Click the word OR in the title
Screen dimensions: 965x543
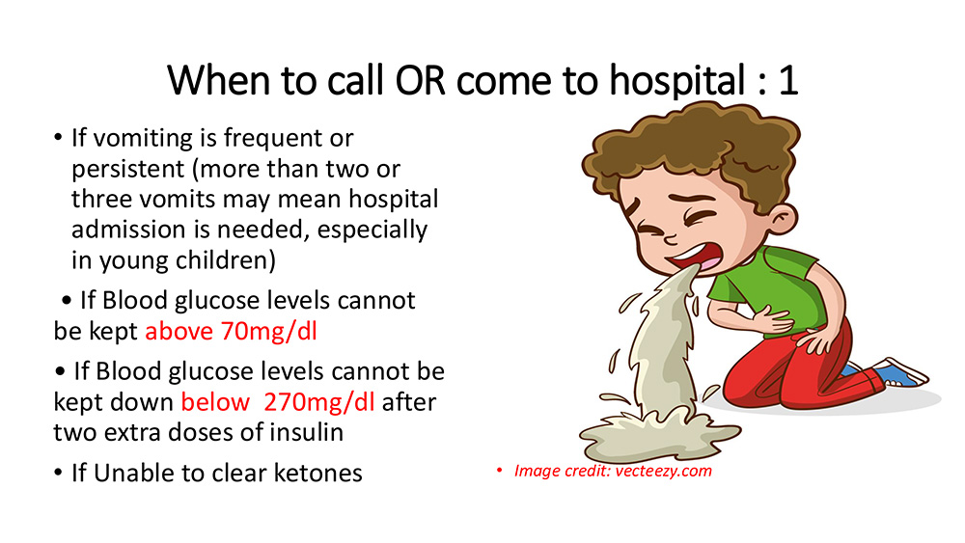(x=421, y=81)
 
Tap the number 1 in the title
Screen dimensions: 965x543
(x=788, y=81)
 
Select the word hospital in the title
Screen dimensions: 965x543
(x=677, y=82)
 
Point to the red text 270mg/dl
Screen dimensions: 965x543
(x=318, y=402)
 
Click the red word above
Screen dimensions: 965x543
(x=179, y=332)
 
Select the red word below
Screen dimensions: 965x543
(x=215, y=402)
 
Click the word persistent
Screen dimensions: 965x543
(x=128, y=169)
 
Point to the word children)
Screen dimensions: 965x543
(x=225, y=260)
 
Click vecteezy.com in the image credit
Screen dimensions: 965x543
(x=664, y=471)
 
